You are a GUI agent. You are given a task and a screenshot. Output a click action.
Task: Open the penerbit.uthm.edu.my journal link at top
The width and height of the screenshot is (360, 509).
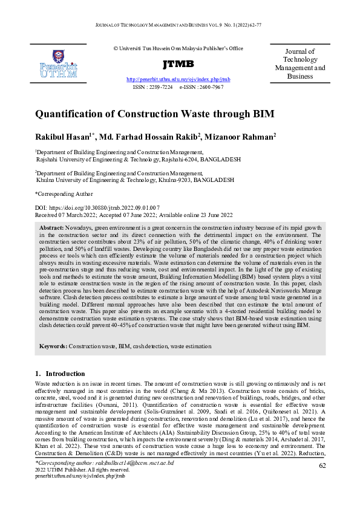point(178,80)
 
